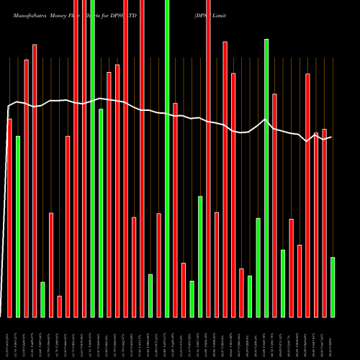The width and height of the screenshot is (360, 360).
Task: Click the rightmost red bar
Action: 324,222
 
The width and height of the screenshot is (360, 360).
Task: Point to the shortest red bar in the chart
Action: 59,306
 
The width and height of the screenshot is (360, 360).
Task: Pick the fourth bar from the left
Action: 35,180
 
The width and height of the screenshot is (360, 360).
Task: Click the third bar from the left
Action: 26,188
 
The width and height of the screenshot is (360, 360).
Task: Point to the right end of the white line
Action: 331,136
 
